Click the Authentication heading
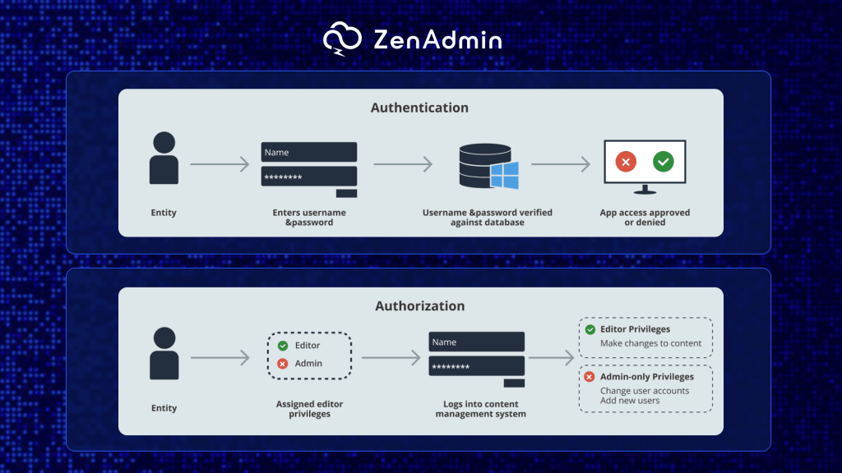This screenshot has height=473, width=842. (x=419, y=108)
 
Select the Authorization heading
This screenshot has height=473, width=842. (x=419, y=305)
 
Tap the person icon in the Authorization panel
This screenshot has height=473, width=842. (x=164, y=353)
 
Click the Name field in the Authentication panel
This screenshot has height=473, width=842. (x=308, y=152)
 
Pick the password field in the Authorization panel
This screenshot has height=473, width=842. (x=476, y=366)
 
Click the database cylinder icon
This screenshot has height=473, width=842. (x=480, y=165)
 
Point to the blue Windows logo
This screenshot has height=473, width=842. (x=504, y=175)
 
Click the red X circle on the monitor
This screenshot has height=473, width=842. (x=626, y=162)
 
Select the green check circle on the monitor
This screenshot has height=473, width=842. (x=664, y=162)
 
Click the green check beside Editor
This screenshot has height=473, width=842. (x=283, y=346)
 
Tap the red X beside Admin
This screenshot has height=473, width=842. (x=283, y=363)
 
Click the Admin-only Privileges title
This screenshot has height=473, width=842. (x=646, y=377)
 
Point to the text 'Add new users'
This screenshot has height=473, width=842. (x=630, y=401)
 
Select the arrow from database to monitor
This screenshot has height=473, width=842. (x=561, y=165)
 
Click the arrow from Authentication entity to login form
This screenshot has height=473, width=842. (x=220, y=165)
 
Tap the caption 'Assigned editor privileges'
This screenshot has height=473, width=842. (x=309, y=409)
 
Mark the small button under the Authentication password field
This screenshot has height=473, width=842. (x=346, y=193)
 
